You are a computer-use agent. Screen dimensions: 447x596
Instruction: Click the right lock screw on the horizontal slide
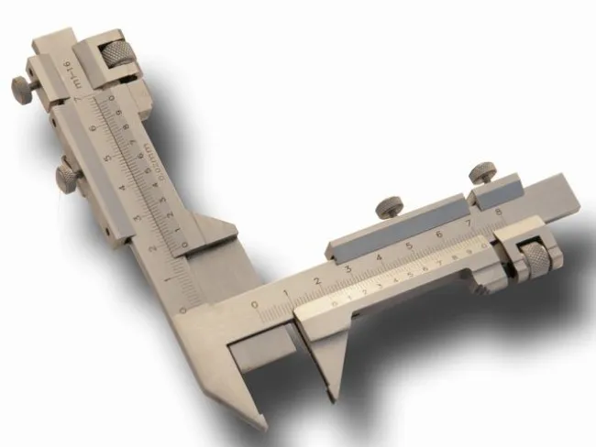pos(481,171)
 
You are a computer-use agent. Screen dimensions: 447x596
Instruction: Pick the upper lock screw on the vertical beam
pos(21,87)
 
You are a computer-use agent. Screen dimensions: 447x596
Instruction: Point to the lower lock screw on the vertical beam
pos(66,173)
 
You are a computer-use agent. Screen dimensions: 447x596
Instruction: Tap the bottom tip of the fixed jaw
pos(260,425)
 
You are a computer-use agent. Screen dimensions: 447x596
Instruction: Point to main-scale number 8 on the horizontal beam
pos(497,211)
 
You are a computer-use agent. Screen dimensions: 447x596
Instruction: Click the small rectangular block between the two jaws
pos(259,353)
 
